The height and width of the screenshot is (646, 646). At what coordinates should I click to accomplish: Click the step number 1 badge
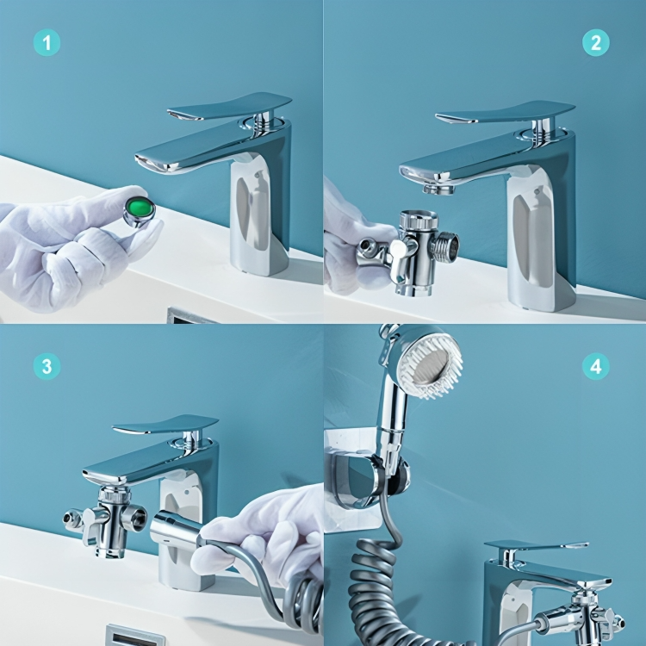pyautogui.click(x=47, y=42)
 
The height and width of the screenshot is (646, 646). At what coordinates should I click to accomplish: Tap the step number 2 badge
pyautogui.click(x=595, y=42)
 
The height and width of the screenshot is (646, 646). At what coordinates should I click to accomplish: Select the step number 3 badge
pyautogui.click(x=47, y=365)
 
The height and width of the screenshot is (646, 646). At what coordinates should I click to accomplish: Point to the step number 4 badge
pyautogui.click(x=595, y=365)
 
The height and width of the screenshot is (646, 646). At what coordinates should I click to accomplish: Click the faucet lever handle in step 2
pyautogui.click(x=506, y=112)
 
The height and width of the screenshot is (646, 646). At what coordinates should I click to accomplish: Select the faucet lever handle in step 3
pyautogui.click(x=165, y=425)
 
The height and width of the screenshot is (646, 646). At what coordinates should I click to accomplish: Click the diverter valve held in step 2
pyautogui.click(x=417, y=250)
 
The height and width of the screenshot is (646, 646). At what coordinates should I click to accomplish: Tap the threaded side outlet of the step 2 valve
pyautogui.click(x=446, y=245)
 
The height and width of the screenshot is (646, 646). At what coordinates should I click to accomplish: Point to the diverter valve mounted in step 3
pyautogui.click(x=109, y=520)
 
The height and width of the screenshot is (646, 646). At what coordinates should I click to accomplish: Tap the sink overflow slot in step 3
pyautogui.click(x=134, y=636)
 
